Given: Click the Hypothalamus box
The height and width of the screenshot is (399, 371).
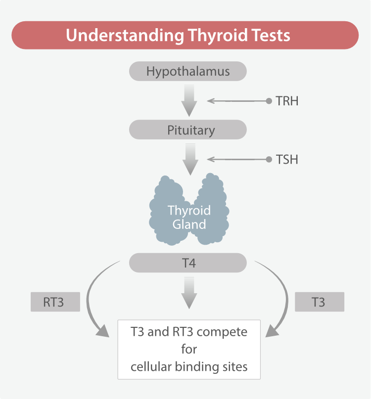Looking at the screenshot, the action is (187, 71).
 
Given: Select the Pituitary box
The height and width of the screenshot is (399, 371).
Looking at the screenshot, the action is (187, 130).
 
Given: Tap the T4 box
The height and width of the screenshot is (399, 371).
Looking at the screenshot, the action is (187, 263).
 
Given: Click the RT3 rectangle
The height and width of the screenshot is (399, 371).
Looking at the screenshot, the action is (55, 302).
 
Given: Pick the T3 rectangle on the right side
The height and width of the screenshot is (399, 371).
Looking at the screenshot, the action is (320, 302).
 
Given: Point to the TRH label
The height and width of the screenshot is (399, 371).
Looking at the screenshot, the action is (287, 101).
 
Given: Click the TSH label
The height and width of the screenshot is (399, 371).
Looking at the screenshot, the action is (287, 160).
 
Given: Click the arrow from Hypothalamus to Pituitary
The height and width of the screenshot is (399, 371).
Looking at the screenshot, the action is (189, 100).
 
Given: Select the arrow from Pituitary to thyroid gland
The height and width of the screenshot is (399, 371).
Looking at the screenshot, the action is (190, 159).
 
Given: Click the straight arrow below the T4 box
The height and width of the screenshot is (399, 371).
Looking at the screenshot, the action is (189, 293).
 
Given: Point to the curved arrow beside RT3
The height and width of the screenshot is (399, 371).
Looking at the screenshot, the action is (88, 300).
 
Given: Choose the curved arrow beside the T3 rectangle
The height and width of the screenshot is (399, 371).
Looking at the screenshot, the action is (287, 300).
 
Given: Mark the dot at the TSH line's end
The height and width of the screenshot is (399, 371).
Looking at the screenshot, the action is (269, 160).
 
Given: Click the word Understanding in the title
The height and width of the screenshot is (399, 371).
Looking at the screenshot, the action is (125, 35).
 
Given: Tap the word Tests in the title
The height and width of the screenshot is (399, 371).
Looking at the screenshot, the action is (271, 35).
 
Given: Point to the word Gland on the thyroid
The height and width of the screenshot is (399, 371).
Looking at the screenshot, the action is (189, 224).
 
